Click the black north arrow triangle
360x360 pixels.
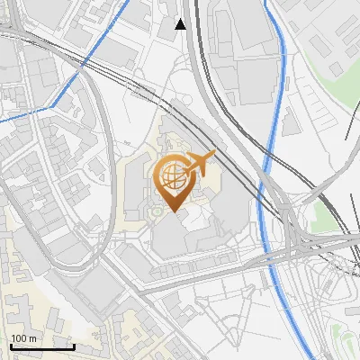pos(181,24)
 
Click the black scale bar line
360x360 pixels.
pos(41,346)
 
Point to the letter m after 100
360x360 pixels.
pos(32,338)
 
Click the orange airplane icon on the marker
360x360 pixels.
pos(200,163)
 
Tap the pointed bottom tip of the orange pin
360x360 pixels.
pos(172,211)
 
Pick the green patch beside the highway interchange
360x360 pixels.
pos(320,216)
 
